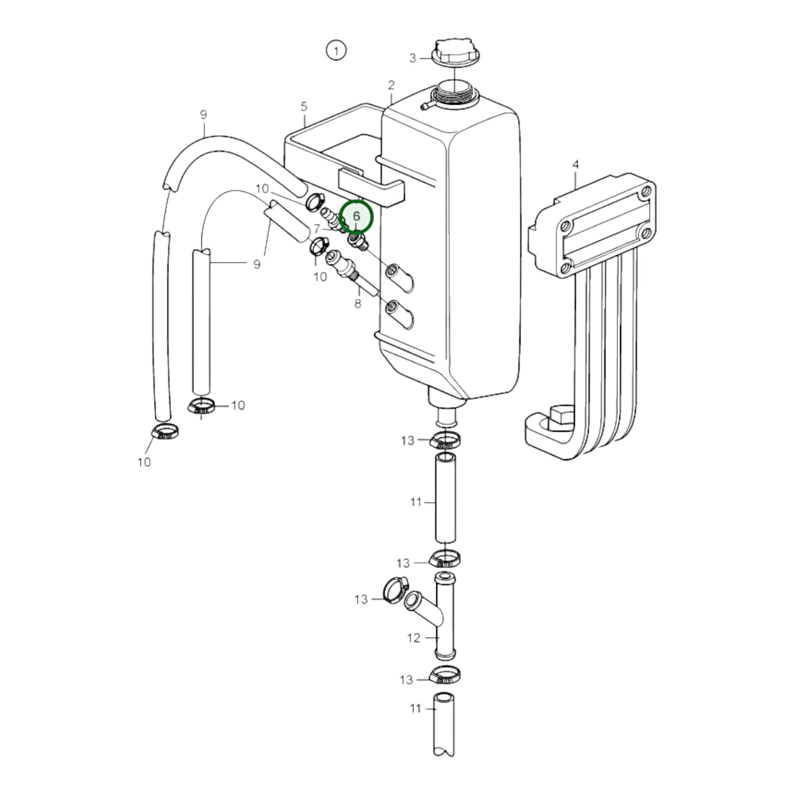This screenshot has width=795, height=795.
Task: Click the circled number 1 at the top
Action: pyautogui.click(x=336, y=51)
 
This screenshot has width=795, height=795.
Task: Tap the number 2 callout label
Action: pyautogui.click(x=391, y=85)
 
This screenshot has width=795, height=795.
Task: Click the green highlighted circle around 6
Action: pyautogui.click(x=356, y=216)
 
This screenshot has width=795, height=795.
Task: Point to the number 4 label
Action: pyautogui.click(x=575, y=165)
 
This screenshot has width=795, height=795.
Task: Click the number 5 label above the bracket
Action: pyautogui.click(x=304, y=107)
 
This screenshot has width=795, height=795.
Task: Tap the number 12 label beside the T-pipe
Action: pyautogui.click(x=413, y=638)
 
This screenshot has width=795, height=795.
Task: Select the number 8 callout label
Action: pyautogui.click(x=358, y=304)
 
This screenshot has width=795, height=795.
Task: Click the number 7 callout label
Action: pyautogui.click(x=317, y=228)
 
